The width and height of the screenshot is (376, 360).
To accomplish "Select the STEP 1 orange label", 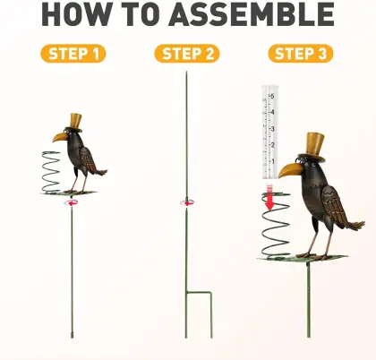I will pos(73,54).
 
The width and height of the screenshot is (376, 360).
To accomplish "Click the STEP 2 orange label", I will pos(186,54).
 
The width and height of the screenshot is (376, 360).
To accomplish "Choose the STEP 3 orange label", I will pos(300,54).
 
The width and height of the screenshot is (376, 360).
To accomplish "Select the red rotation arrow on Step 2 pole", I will pos(187,202).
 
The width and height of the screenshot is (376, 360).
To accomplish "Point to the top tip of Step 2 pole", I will pos(186,73).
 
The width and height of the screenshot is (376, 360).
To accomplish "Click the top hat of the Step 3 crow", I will pos(315,143).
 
